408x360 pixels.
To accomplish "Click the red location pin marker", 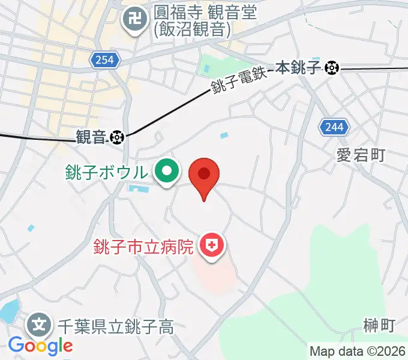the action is [x=204, y=175].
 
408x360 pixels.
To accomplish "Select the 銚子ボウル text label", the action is [x=106, y=173].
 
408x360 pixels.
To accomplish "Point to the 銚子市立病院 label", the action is [x=143, y=246].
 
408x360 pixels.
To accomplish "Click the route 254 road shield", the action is [x=107, y=59].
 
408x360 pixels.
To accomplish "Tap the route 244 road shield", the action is [x=332, y=127].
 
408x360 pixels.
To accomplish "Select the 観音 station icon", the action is [x=116, y=138].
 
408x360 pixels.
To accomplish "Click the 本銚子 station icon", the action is [x=331, y=68].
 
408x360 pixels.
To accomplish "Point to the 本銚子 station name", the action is [x=299, y=68].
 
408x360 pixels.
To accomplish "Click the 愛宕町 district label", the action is [x=360, y=156].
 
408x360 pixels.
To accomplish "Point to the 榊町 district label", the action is [x=379, y=326].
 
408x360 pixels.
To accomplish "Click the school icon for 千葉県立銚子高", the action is [x=39, y=326].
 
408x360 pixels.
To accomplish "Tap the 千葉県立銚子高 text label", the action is [x=115, y=327].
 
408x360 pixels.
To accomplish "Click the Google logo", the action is [x=40, y=346].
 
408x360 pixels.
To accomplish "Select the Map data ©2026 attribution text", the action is [x=357, y=351].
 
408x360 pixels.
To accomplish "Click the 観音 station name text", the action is [x=91, y=138].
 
